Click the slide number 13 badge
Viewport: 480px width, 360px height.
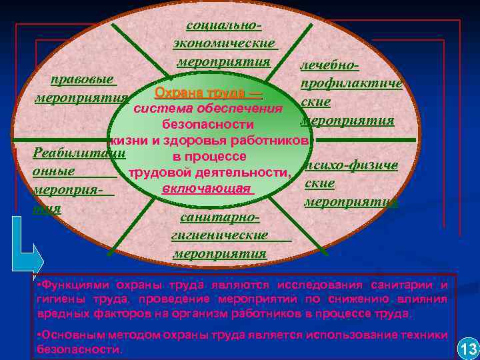click(x=468, y=348)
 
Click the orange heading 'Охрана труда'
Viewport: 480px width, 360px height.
click(x=207, y=93)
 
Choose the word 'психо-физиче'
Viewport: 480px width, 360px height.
click(x=351, y=165)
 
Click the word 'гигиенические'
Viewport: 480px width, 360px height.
click(x=220, y=235)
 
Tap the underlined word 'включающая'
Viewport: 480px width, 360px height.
click(x=208, y=189)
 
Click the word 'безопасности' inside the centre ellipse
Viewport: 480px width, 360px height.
click(x=208, y=125)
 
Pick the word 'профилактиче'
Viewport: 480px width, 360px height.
click(x=351, y=85)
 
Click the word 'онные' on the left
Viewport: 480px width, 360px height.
click(x=53, y=171)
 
